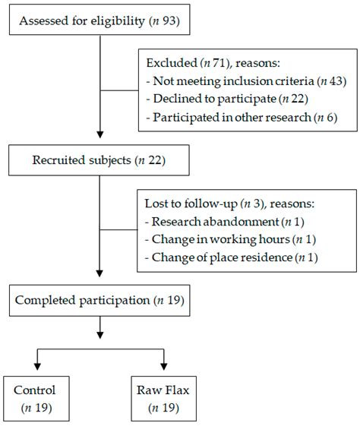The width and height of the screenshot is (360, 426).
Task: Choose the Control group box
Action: pyautogui.click(x=35, y=399)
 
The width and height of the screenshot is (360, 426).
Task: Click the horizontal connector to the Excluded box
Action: pyautogui.click(x=119, y=90)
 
